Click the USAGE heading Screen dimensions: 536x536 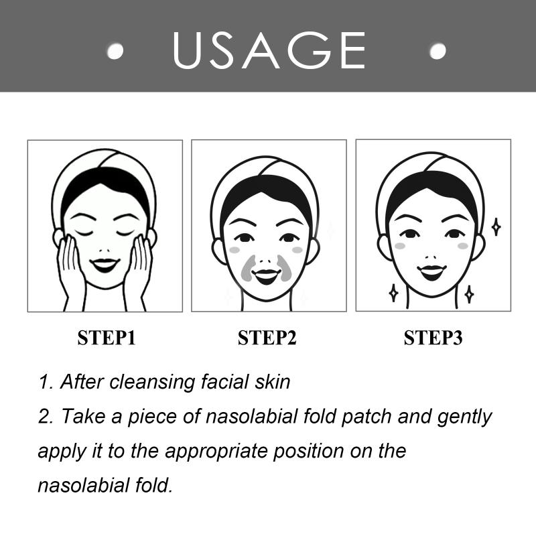[269, 50]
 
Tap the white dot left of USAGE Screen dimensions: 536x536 [115, 51]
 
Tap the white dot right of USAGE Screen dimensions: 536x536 [438, 51]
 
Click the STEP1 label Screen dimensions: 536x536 [107, 338]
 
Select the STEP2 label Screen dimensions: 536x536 [267, 338]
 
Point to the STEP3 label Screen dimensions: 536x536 [433, 338]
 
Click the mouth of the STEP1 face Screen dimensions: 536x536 [105, 265]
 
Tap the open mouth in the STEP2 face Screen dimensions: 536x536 [267, 276]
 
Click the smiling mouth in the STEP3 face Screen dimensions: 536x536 [431, 272]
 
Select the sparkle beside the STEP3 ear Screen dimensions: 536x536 [496, 226]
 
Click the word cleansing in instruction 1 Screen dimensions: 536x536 [152, 382]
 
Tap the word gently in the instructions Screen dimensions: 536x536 [464, 417]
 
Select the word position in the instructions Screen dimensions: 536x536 [308, 452]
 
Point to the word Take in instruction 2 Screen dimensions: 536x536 [83, 416]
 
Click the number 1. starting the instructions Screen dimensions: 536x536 [46, 382]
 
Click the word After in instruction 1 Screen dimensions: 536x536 [82, 381]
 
